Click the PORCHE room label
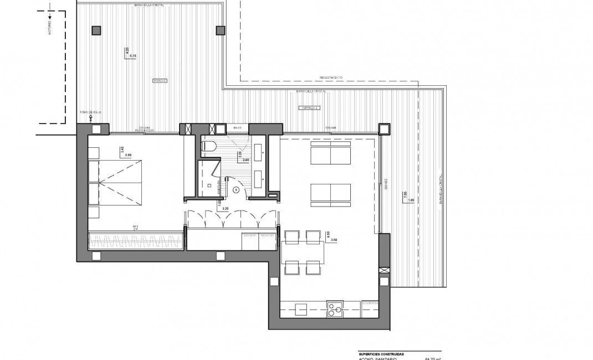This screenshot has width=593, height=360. coord(160,81)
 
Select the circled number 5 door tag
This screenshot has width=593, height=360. coord(237,189)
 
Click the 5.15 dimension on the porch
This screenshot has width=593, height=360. coord(132,56)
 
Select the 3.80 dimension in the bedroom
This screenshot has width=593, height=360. coord(128,155)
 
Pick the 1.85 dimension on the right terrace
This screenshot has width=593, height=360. coord(410,200)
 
